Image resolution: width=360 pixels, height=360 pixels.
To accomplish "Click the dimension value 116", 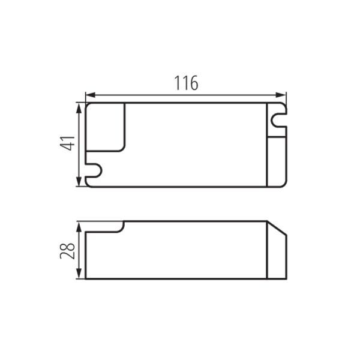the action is [186, 83].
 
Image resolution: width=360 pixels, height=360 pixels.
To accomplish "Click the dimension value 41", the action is [67, 143].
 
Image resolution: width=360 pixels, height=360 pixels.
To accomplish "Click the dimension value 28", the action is [67, 251].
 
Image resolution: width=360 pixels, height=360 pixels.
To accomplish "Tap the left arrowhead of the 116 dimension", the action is [90, 95].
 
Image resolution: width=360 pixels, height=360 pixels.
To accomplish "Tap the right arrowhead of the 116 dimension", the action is [281, 95].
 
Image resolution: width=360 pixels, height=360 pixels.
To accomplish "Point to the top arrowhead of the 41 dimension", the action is [79, 108].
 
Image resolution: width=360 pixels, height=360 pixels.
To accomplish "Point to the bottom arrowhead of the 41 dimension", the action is [79, 182].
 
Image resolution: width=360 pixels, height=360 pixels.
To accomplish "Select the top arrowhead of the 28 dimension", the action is [79, 227].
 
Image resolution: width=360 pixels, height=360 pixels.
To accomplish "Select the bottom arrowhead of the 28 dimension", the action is [79, 274].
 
